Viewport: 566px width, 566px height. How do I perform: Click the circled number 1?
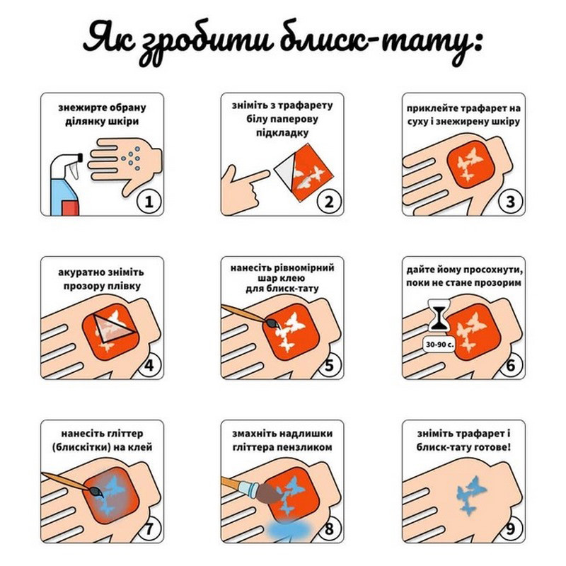pos(148,202)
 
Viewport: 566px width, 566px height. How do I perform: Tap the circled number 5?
pos(328,365)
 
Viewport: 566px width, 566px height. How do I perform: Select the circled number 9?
pos(509,529)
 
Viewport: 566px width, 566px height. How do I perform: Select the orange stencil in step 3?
pos(470,163)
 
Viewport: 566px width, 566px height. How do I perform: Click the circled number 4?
pos(148,365)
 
